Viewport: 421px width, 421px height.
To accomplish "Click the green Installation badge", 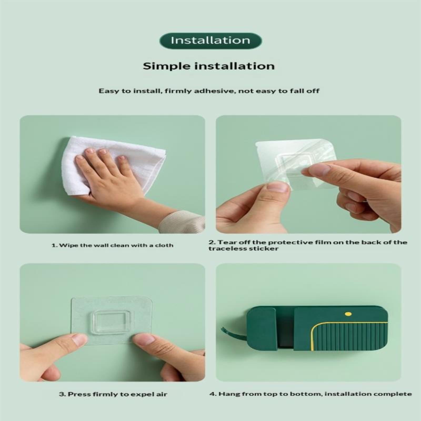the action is [x=210, y=41].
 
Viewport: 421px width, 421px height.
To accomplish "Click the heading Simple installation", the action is [x=209, y=66].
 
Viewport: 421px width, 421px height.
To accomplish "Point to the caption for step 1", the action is [x=112, y=245].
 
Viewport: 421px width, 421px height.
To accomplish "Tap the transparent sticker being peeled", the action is [x=296, y=164].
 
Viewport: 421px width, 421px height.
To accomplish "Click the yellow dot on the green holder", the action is [x=348, y=314].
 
